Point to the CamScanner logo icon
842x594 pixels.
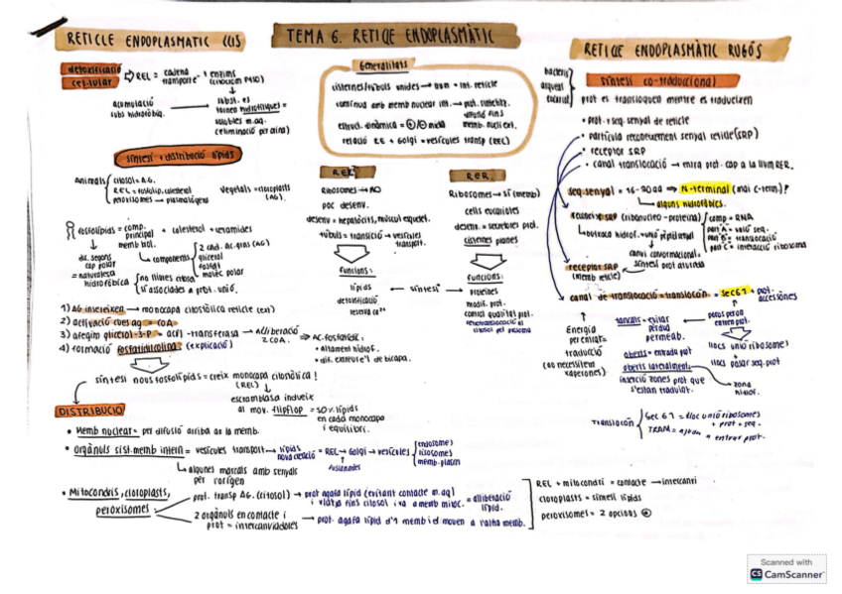757,574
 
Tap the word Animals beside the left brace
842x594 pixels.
91,180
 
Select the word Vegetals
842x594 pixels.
234,185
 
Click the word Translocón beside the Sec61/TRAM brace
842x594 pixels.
613,420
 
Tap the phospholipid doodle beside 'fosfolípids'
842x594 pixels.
69,233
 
